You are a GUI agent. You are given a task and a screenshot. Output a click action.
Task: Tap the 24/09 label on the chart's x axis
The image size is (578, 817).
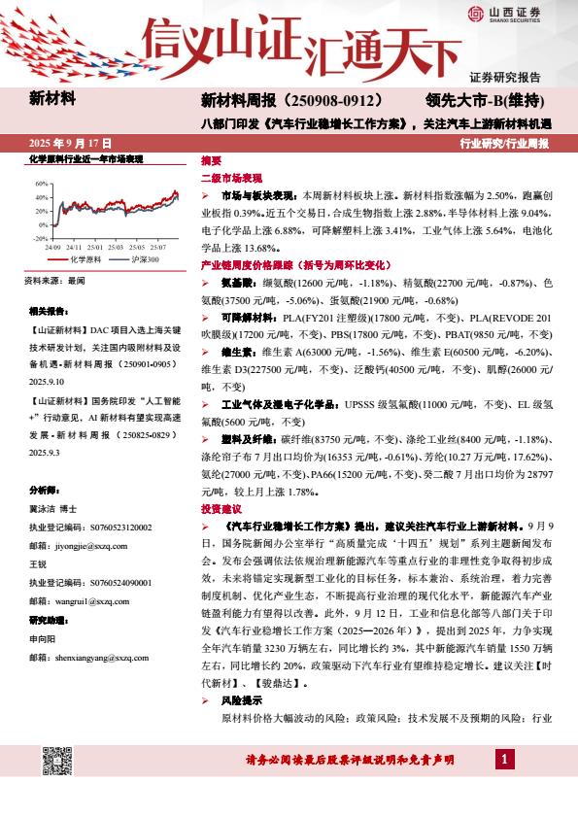(53, 247)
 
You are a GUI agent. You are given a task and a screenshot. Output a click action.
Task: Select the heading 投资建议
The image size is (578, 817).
(220, 508)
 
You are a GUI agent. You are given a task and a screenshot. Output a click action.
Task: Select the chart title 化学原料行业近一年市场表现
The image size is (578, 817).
(86, 158)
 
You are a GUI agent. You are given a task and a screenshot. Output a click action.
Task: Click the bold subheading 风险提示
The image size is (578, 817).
(242, 699)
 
